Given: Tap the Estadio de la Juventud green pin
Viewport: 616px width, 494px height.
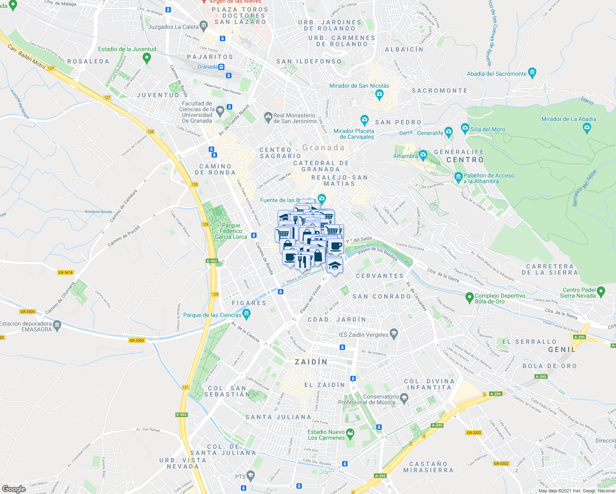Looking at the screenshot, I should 147,58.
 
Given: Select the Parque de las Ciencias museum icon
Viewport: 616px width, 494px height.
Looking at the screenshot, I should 246,315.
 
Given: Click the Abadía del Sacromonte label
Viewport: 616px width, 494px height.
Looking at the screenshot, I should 497,74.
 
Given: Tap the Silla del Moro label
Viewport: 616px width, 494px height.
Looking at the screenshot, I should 488,129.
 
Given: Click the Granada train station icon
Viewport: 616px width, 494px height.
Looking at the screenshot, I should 222,67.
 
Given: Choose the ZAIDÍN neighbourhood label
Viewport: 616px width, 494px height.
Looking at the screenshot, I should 311,362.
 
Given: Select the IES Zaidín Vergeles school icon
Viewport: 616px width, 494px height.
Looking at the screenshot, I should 394,334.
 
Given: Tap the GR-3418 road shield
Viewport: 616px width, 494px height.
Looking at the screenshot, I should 65,273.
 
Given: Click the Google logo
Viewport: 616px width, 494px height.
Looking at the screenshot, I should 14,489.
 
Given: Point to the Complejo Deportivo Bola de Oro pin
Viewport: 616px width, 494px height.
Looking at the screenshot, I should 469,297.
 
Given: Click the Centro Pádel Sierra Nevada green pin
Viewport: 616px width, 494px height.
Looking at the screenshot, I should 601,292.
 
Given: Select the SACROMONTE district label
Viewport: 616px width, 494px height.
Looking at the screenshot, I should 439,91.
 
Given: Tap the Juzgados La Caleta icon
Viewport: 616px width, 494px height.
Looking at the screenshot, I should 203,27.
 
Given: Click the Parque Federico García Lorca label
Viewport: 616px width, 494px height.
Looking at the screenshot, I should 231,231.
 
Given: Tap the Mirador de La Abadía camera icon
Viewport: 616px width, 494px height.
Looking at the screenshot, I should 587,128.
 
